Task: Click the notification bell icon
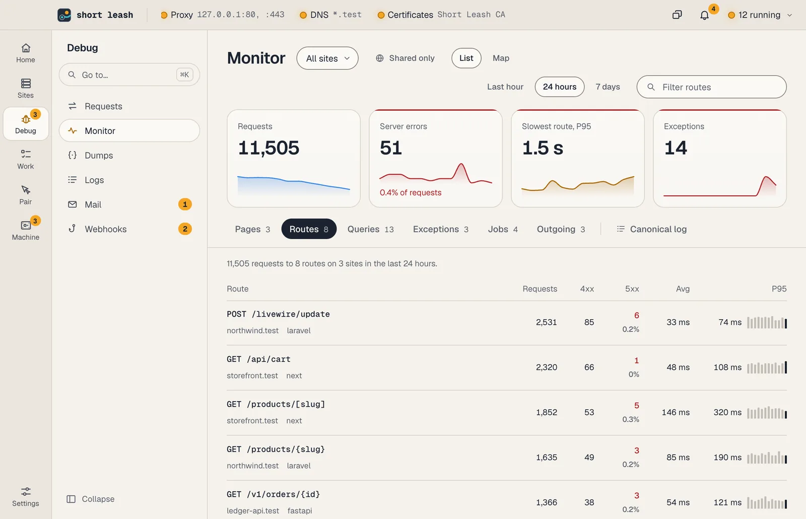point(704,15)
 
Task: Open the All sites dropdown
point(327,58)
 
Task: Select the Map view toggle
point(501,58)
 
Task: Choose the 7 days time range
point(608,87)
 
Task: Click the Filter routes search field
point(711,87)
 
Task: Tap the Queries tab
point(370,229)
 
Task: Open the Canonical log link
point(652,229)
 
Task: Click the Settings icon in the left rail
point(26,496)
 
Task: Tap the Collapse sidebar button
point(91,499)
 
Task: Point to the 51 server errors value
point(390,147)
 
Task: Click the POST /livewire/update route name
point(278,314)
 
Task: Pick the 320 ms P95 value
point(727,412)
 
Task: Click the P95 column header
point(779,288)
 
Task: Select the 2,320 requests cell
point(546,367)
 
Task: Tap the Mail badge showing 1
point(185,204)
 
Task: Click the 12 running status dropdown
point(760,15)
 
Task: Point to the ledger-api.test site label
point(253,510)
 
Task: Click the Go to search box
point(129,75)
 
